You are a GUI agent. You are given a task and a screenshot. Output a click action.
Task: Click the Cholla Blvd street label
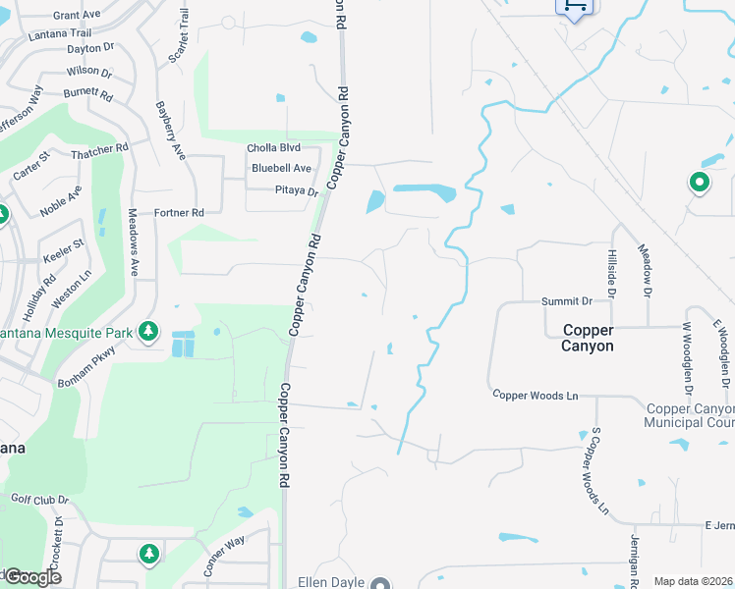(273, 148)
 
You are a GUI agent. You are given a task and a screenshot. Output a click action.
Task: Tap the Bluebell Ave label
(281, 168)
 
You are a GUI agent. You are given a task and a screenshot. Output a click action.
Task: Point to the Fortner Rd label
(179, 212)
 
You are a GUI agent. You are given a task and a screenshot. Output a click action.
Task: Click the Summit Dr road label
(567, 301)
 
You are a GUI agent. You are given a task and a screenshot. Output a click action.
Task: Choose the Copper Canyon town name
(588, 338)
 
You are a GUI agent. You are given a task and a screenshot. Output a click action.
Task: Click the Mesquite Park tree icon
(148, 331)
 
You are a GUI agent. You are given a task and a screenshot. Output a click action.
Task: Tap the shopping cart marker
(575, 6)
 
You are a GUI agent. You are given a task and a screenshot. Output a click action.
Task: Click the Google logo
(31, 577)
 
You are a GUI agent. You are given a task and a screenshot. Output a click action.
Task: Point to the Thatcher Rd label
(100, 148)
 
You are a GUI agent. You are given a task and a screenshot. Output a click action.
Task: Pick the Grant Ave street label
(77, 16)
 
